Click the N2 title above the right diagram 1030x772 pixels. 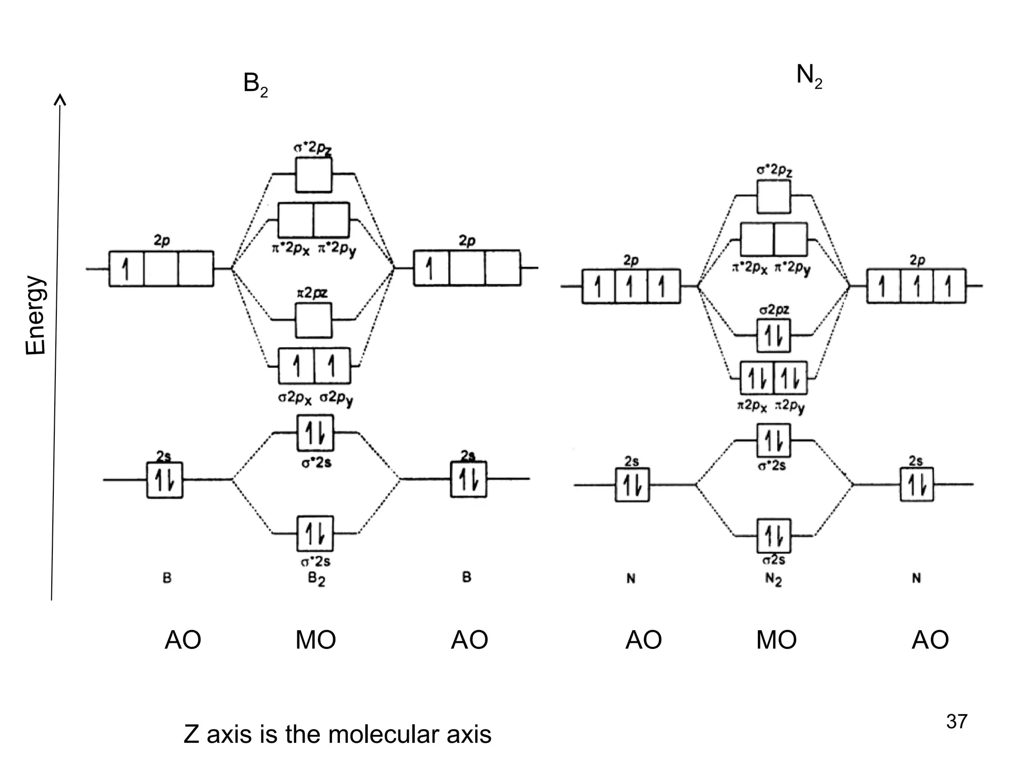tap(809, 77)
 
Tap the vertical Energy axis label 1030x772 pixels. tap(36, 315)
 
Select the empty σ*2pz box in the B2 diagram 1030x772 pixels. tap(313, 175)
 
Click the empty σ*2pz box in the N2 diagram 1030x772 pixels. tap(774, 197)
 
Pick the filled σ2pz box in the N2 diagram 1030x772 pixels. tap(774, 336)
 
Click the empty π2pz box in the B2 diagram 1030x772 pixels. tap(313, 320)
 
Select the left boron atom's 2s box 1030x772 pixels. tap(165, 480)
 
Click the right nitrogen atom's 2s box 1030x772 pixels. tap(916, 485)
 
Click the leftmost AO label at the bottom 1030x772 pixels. tap(183, 640)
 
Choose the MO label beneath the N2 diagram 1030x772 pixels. tap(776, 640)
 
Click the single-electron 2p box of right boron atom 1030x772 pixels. tap(431, 268)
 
